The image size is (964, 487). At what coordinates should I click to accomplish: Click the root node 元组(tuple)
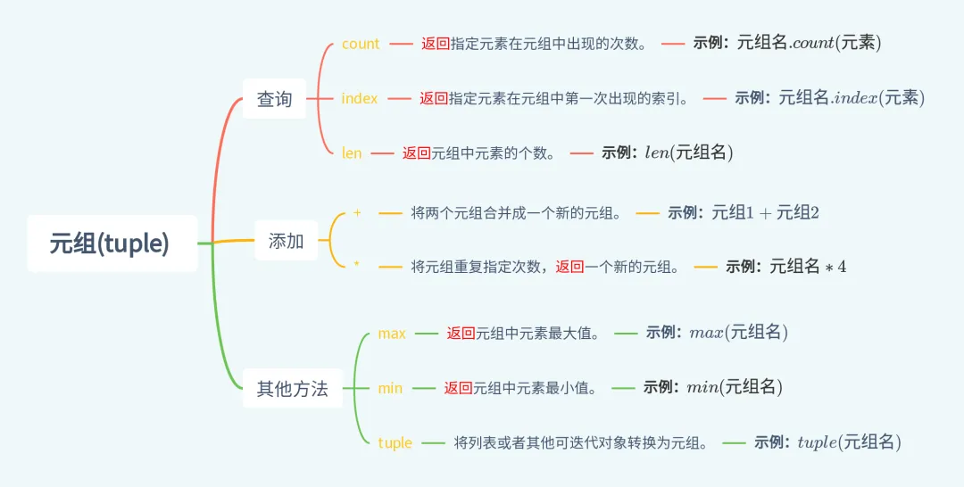[x=111, y=243]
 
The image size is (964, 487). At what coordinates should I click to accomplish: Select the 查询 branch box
[x=274, y=99]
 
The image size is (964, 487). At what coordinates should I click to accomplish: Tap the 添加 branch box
[x=286, y=241]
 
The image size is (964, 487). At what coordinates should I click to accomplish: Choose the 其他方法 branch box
[x=292, y=389]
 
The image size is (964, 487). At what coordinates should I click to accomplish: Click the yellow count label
[x=361, y=44]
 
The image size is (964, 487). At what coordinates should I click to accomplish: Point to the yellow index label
[x=360, y=98]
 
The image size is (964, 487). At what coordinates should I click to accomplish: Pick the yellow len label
[x=352, y=153]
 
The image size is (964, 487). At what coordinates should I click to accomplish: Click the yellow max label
[x=392, y=334]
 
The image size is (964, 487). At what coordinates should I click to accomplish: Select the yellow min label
[x=390, y=388]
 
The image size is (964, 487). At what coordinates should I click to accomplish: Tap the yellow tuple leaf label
[x=395, y=443]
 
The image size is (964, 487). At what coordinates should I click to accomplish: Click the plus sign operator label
[x=357, y=213]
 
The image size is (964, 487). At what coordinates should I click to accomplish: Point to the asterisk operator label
[x=356, y=265]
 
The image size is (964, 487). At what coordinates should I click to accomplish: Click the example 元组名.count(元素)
[x=809, y=43]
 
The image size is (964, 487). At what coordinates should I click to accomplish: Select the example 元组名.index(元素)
[x=851, y=98]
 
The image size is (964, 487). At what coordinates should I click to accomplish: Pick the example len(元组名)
[x=688, y=153]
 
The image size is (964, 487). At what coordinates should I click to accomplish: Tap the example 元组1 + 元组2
[x=765, y=213]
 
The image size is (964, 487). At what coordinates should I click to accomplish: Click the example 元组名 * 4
[x=807, y=266]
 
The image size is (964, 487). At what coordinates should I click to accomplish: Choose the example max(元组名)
[x=738, y=333]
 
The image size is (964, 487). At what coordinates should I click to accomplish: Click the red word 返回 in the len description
[x=417, y=153]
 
